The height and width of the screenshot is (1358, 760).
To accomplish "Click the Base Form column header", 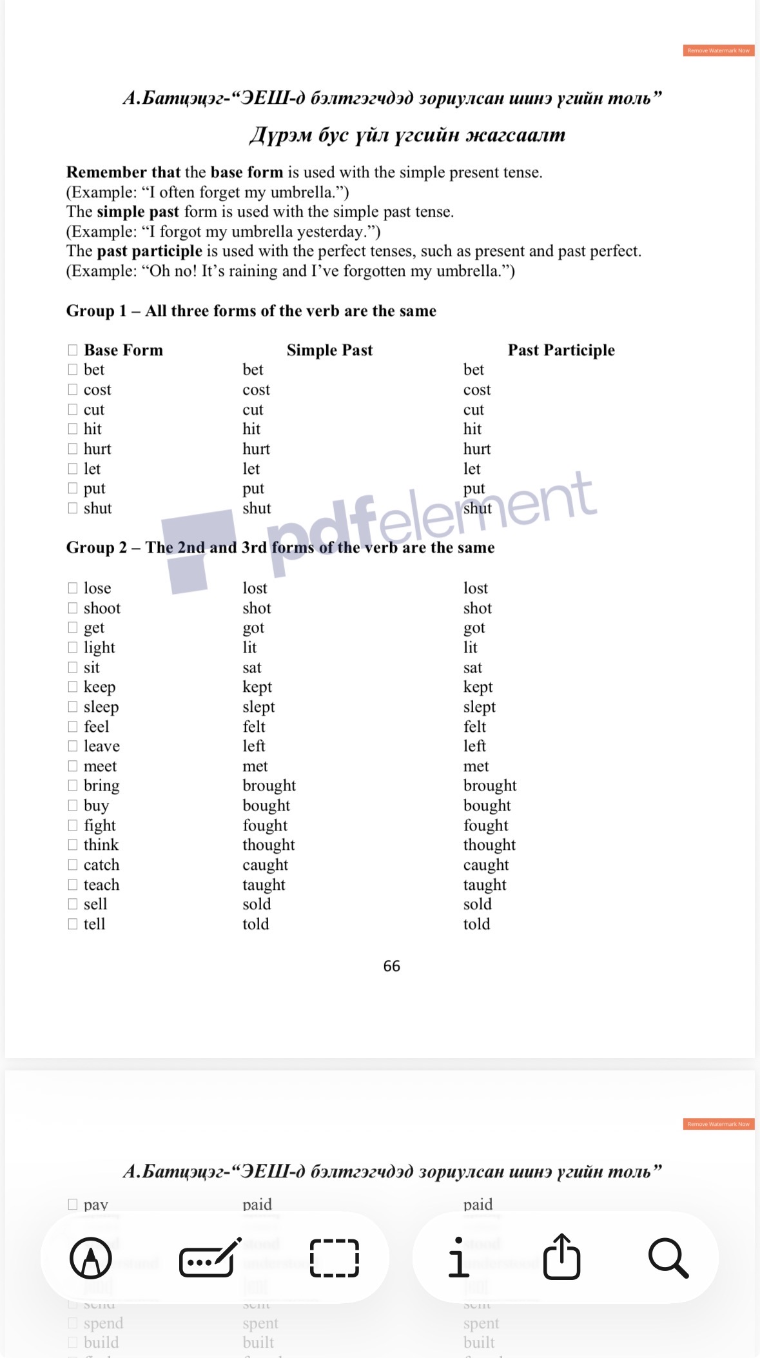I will click(x=123, y=350).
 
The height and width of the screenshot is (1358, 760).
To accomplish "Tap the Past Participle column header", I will click(x=561, y=350).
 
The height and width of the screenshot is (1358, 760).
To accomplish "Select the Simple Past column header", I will click(x=329, y=350).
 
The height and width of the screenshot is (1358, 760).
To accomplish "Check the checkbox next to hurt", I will click(x=73, y=449).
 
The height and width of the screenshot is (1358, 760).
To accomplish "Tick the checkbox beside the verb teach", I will click(x=73, y=885).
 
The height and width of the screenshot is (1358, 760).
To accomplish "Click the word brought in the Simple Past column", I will click(x=269, y=785).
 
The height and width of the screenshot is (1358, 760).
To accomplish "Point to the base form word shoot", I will click(x=102, y=608).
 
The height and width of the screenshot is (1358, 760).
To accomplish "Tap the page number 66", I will click(x=391, y=966).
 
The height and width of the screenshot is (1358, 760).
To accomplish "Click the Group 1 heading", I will click(x=251, y=311).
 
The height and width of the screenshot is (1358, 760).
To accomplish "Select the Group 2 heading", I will click(x=280, y=547).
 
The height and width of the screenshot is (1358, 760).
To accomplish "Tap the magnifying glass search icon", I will click(x=668, y=1257).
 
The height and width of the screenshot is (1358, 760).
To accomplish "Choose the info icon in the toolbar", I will click(x=458, y=1257).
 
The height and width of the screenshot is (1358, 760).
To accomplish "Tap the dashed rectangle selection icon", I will click(x=335, y=1257).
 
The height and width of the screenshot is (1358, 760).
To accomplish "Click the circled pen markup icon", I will click(x=91, y=1257).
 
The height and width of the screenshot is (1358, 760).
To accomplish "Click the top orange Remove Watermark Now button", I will click(x=718, y=50).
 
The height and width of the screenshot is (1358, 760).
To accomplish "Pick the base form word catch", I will click(x=101, y=865).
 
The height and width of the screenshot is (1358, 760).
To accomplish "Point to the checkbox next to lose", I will click(x=73, y=588).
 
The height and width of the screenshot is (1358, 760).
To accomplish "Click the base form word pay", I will click(x=95, y=1205).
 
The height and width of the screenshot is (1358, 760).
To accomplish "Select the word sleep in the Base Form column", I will click(x=101, y=707).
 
